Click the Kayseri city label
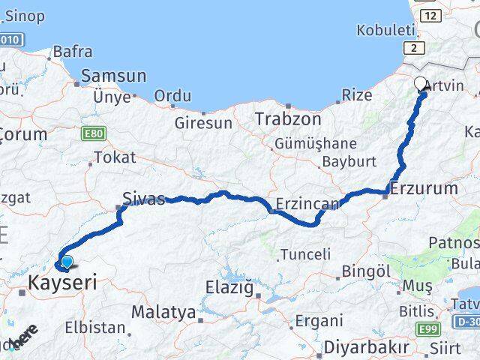click(x=63, y=283)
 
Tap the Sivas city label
click(x=142, y=200)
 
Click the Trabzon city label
click(x=287, y=118)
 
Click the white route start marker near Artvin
click(x=420, y=84)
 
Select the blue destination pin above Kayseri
click(x=67, y=262)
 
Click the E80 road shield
click(x=95, y=133)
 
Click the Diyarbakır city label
click(x=367, y=347)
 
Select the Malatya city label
click(x=163, y=312)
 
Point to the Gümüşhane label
click(x=315, y=143)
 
